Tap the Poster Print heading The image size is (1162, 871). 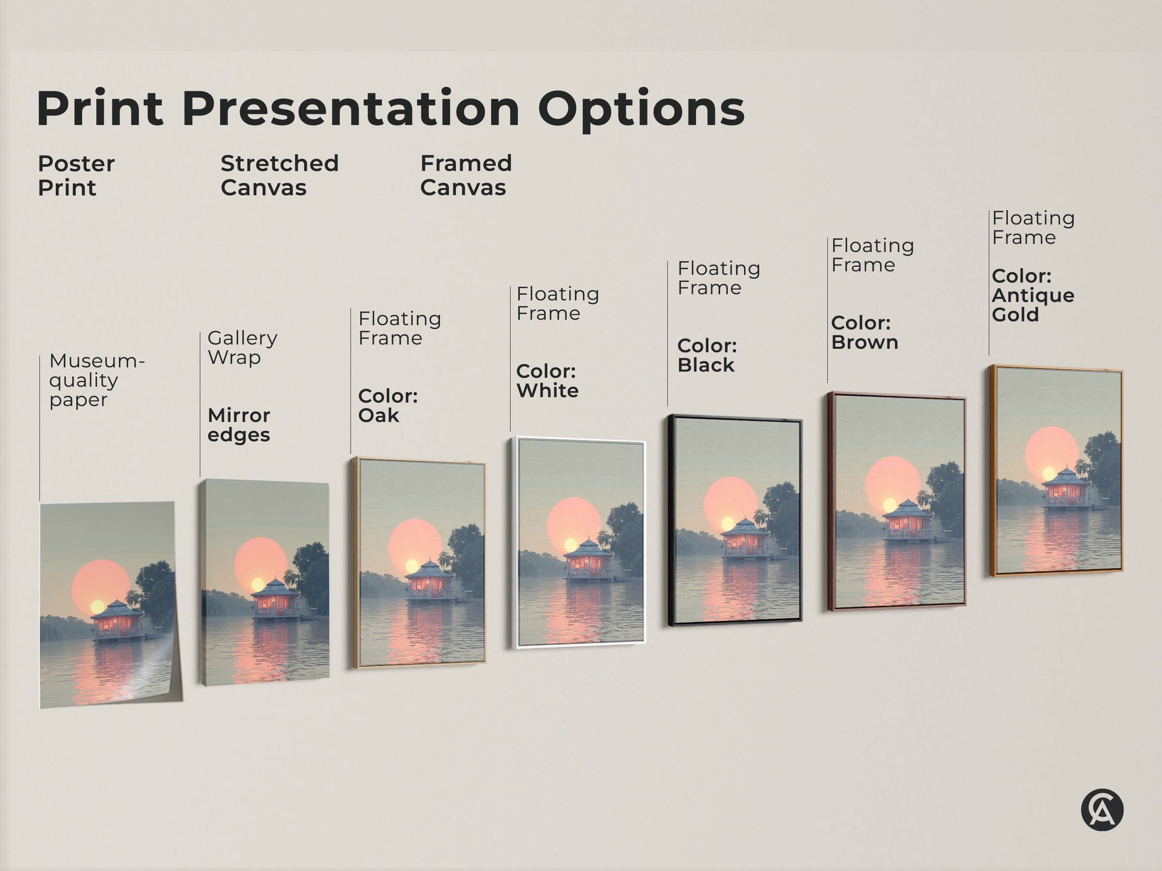click(x=76, y=176)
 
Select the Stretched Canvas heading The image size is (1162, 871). click(x=279, y=176)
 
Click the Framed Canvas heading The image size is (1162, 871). click(x=466, y=176)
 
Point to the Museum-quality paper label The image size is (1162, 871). click(x=96, y=380)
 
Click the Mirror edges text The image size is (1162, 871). click(x=239, y=425)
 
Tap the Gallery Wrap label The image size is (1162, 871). click(x=242, y=347)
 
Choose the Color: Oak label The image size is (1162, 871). click(x=388, y=406)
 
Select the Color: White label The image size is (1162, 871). click(x=547, y=381)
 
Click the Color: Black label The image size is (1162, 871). click(x=707, y=355)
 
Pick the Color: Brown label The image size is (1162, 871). click(x=864, y=333)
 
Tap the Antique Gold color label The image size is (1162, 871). click(x=1033, y=296)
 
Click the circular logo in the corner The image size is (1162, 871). click(x=1102, y=810)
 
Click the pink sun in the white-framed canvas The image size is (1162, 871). click(x=573, y=524)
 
